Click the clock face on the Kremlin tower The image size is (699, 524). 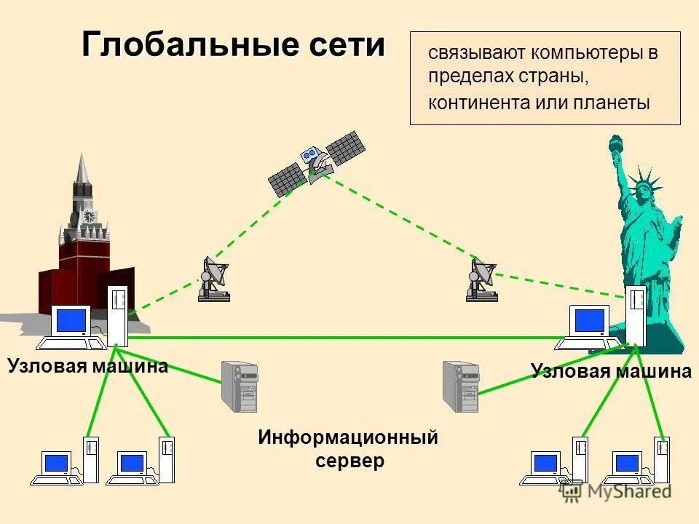(x=89, y=216)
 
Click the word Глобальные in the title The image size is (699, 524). (x=191, y=45)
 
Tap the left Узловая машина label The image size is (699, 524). (x=88, y=365)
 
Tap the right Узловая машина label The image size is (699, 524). (x=611, y=371)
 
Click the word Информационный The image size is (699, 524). (x=348, y=438)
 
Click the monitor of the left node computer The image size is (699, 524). (x=72, y=320)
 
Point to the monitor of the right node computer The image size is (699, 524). (x=591, y=320)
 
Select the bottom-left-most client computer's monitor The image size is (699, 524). (x=56, y=463)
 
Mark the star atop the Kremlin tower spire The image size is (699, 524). (x=82, y=156)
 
